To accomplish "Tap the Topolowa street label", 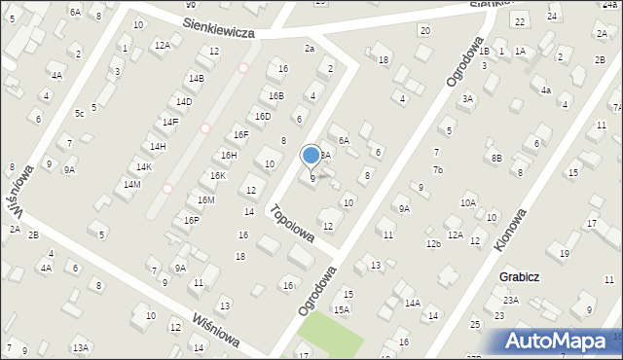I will (292, 223).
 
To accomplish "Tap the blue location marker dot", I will (311, 155).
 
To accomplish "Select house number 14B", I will (197, 78).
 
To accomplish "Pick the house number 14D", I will (184, 101).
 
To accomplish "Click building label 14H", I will (158, 147).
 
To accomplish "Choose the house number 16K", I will (218, 176).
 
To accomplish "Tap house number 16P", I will (192, 221).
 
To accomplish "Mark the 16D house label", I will (262, 117).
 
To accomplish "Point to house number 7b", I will (438, 170).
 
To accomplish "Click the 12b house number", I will (433, 243).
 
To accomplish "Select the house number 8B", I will (496, 158).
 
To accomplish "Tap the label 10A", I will (468, 202).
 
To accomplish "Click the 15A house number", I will (342, 309).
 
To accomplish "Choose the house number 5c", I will (80, 114).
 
